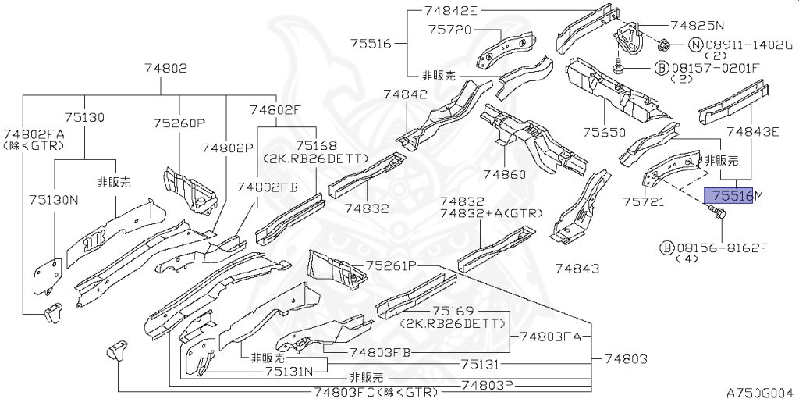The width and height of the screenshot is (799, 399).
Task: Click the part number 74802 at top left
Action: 165,69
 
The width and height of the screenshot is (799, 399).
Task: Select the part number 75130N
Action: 54,200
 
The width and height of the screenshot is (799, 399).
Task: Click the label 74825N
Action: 697,24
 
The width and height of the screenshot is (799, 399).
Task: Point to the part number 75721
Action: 643,201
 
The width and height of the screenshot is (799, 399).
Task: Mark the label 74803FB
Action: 379,353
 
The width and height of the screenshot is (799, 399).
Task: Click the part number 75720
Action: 450,30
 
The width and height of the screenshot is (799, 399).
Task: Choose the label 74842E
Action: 450,10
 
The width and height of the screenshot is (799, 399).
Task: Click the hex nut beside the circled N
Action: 664,46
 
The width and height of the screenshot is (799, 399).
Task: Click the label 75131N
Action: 290,371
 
